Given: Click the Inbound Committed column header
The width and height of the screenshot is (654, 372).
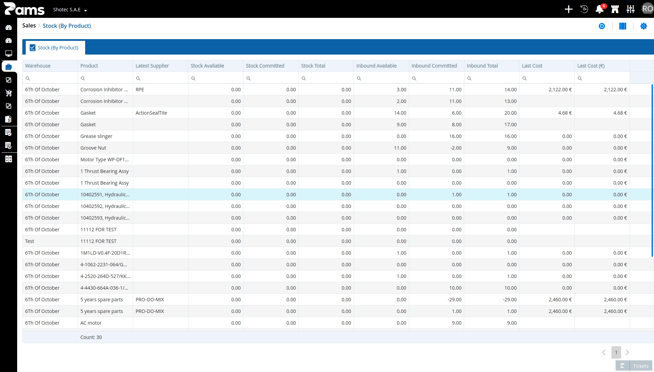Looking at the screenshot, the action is pyautogui.click(x=434, y=66).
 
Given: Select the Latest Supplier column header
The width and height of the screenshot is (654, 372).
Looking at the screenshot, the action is pyautogui.click(x=152, y=66).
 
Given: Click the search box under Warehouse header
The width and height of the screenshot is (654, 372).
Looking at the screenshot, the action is pyautogui.click(x=50, y=78).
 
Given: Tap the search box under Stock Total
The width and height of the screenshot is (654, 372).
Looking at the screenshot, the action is pyautogui.click(x=326, y=78).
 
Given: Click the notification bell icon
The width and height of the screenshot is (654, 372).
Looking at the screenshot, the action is pyautogui.click(x=600, y=9).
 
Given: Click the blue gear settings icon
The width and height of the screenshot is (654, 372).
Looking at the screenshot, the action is pyautogui.click(x=644, y=26).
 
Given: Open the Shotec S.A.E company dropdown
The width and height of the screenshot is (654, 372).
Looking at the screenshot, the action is pyautogui.click(x=70, y=10).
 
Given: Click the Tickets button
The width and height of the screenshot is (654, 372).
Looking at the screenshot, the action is pyautogui.click(x=634, y=366).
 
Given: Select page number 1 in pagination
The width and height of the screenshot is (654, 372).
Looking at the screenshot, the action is pyautogui.click(x=616, y=352).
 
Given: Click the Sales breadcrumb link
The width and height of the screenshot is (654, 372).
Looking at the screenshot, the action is pyautogui.click(x=29, y=26).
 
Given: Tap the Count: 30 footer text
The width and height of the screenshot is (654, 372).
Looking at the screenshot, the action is pyautogui.click(x=91, y=337).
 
